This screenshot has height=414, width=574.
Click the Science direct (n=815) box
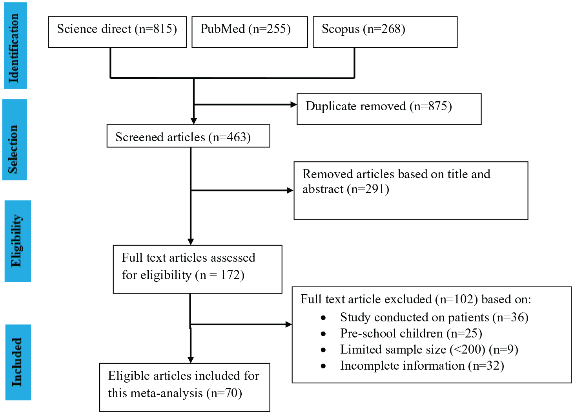(x=117, y=32)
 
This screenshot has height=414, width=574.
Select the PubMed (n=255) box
(x=250, y=32)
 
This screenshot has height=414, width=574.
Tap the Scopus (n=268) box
(x=385, y=32)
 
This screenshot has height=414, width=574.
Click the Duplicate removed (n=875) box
(x=389, y=109)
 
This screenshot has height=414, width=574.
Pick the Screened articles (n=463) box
(x=188, y=136)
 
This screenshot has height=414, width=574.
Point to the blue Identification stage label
(x=15, y=46)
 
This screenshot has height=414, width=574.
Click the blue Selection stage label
(x=15, y=140)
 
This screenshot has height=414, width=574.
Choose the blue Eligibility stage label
(x=18, y=241)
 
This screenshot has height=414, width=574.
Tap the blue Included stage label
(x=18, y=362)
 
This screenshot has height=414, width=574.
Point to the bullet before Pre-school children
(x=323, y=334)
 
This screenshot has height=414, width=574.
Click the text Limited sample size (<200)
(x=413, y=349)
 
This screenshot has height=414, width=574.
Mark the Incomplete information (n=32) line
(x=422, y=366)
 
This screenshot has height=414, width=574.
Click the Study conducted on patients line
(x=434, y=317)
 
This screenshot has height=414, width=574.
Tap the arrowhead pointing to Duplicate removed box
(x=293, y=105)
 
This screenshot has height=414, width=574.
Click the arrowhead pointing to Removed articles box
(x=290, y=190)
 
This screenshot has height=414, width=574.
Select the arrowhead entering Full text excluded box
(x=288, y=325)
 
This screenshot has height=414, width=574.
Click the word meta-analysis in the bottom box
(x=166, y=393)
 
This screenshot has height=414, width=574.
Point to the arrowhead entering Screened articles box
(x=194, y=121)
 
